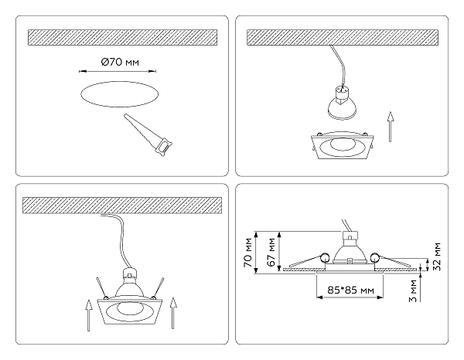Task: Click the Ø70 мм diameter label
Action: point(120,63)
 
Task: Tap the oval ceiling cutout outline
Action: point(119,81)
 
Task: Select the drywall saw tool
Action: point(148,135)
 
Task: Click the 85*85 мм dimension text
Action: point(350,290)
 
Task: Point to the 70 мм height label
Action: point(248,253)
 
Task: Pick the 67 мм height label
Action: point(271,252)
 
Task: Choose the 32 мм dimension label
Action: point(437,256)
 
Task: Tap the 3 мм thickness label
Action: point(412,291)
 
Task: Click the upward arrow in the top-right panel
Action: point(391,127)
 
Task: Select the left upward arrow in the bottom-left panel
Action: point(88,315)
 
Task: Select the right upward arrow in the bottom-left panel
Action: point(173,313)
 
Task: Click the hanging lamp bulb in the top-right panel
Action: point(342,103)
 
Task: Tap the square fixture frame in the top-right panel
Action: point(343,147)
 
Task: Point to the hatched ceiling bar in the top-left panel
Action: point(122,37)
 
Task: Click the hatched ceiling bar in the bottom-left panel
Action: point(122,205)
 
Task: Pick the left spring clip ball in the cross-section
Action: point(326,257)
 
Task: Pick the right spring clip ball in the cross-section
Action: point(374,257)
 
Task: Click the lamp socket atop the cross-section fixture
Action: point(350,236)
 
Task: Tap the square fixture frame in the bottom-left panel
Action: point(130,312)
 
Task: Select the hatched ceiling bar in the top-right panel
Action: point(343,37)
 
